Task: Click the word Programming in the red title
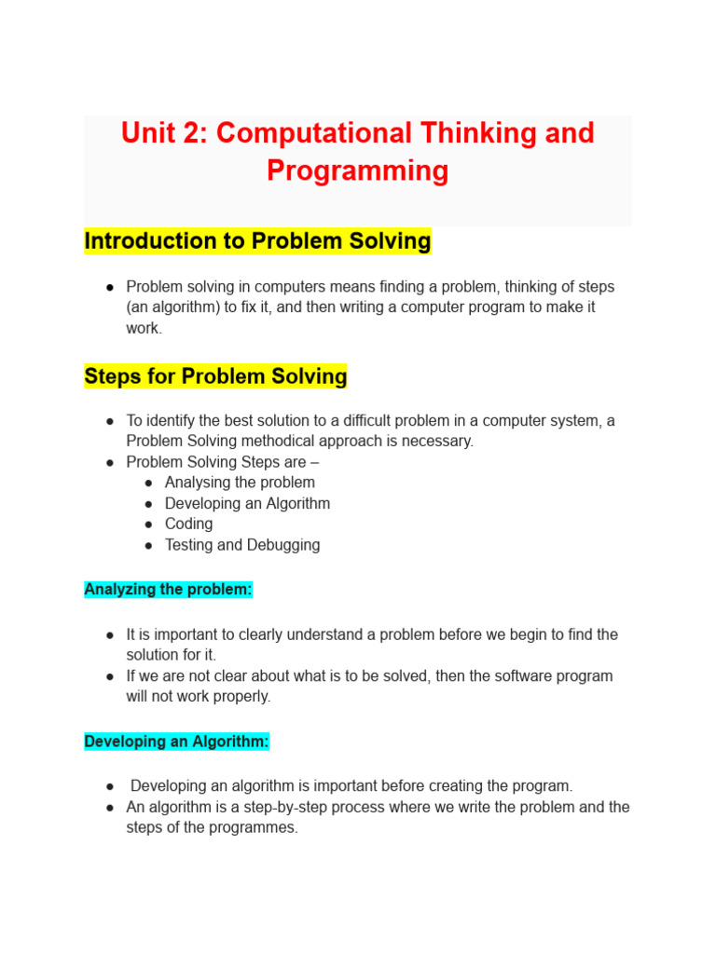coord(357,170)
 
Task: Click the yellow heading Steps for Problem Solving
coord(215,376)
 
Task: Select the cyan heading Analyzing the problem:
coord(168,589)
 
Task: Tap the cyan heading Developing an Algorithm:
coord(176,742)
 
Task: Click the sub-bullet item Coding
coord(188,524)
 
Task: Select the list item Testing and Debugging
coord(241,545)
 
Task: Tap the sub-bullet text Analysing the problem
coord(240,483)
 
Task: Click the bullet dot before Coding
coord(149,525)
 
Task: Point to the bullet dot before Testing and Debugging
coord(149,545)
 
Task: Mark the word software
coord(505,675)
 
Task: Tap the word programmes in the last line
coord(255,827)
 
